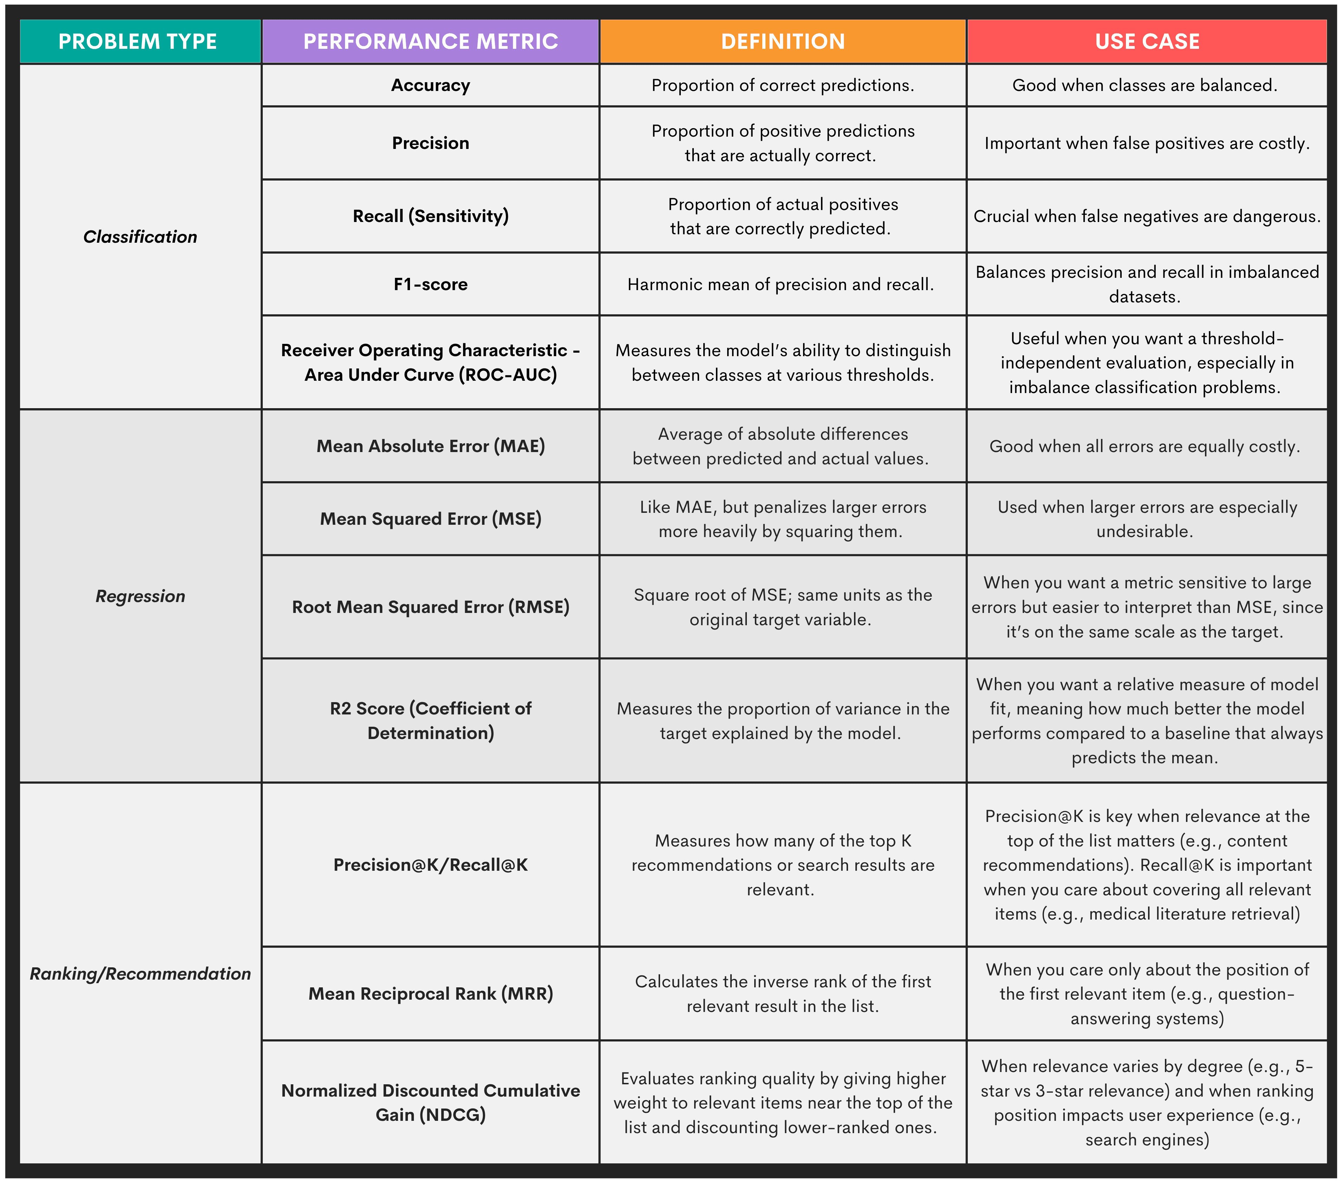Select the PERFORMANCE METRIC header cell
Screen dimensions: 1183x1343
click(430, 41)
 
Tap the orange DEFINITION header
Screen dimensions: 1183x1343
click(783, 41)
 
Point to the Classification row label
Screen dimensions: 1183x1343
click(140, 236)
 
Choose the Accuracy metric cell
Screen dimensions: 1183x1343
click(430, 85)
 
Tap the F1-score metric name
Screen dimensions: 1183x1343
click(430, 285)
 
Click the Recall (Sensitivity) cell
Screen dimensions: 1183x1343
click(430, 216)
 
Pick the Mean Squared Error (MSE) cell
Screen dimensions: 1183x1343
click(430, 519)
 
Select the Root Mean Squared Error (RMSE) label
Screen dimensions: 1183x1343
click(430, 607)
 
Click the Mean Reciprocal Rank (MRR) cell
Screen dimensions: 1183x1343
click(430, 993)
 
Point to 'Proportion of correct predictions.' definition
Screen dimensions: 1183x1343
click(783, 85)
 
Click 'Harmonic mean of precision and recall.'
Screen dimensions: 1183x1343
click(781, 285)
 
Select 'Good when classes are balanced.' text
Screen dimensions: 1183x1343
click(1145, 85)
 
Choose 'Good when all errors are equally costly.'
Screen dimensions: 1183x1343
click(1145, 447)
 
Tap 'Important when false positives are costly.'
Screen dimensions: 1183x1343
click(1147, 143)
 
